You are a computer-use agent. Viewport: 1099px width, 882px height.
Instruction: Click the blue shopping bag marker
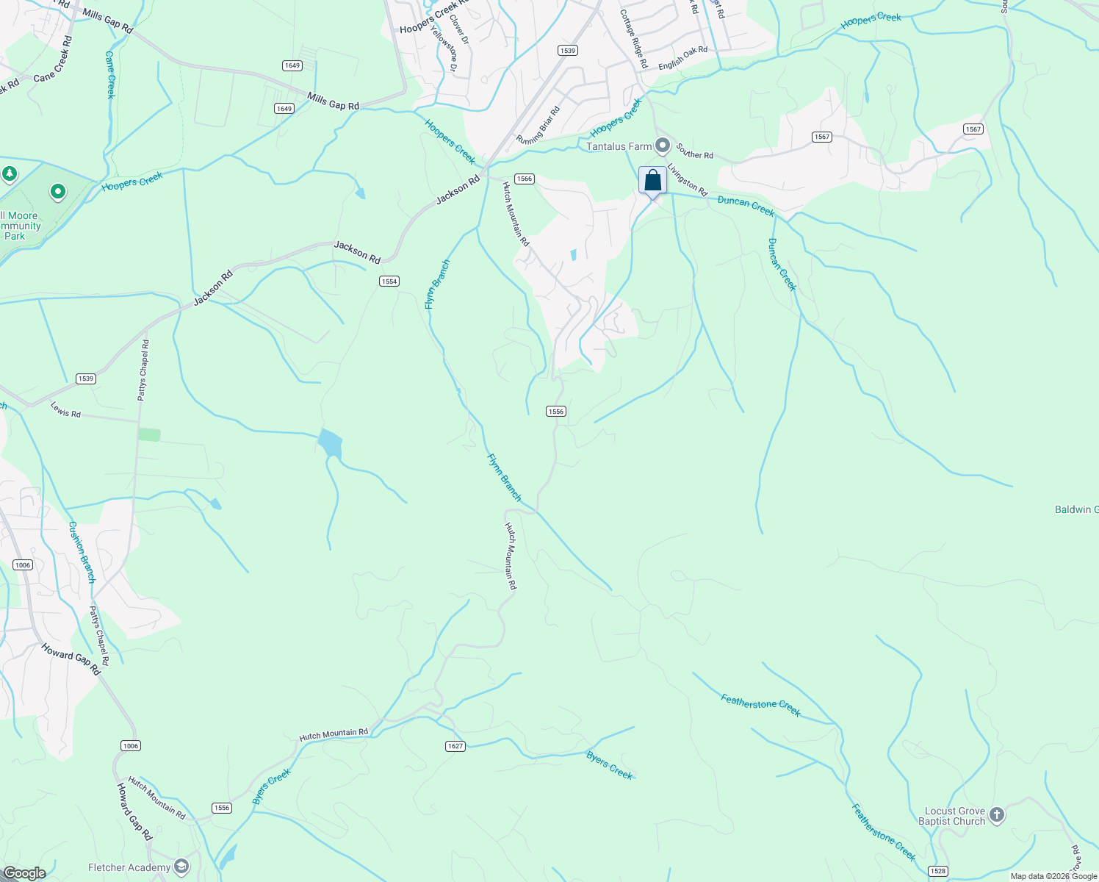(652, 181)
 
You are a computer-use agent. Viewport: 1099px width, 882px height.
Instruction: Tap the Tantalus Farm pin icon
(663, 146)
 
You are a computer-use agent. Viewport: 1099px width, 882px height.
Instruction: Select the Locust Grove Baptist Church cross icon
(996, 814)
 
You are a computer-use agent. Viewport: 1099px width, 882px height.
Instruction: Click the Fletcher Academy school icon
(181, 867)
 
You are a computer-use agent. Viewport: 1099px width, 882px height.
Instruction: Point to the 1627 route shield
(455, 746)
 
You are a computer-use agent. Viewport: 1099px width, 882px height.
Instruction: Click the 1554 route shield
(389, 282)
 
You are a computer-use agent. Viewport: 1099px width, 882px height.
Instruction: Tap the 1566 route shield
(524, 179)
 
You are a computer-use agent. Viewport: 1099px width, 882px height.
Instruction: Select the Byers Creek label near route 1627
(609, 765)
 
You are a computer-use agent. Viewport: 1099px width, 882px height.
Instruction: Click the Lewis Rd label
(65, 409)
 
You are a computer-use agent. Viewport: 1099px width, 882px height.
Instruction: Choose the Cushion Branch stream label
(82, 552)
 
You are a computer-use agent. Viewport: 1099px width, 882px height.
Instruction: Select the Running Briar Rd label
(538, 125)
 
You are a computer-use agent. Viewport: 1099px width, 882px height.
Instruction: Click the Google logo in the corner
(24, 873)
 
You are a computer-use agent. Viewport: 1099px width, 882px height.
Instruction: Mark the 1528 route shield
(937, 871)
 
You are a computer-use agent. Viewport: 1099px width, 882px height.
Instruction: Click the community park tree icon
(10, 174)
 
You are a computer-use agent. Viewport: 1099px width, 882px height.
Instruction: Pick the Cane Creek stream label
(110, 74)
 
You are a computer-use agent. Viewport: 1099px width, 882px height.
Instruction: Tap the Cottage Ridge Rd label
(633, 39)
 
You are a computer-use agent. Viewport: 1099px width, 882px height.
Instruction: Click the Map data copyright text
(1053, 876)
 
